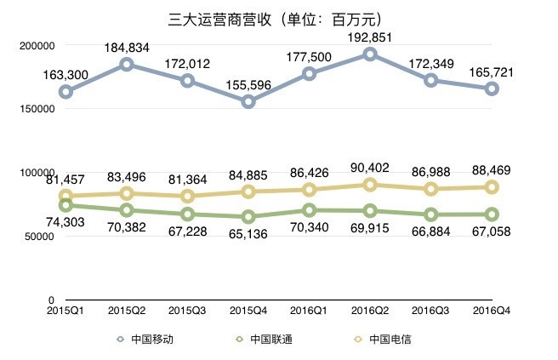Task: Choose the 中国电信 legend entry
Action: coord(384,339)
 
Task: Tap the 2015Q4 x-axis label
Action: coord(248,312)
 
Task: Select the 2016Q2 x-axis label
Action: coord(369,312)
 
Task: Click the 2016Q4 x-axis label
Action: coord(492,312)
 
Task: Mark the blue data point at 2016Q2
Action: coord(370,54)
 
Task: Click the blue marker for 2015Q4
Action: coord(248,102)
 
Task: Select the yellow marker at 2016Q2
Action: coord(370,185)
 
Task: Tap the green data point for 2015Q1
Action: coord(65,205)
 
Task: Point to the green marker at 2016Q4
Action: coord(492,214)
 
